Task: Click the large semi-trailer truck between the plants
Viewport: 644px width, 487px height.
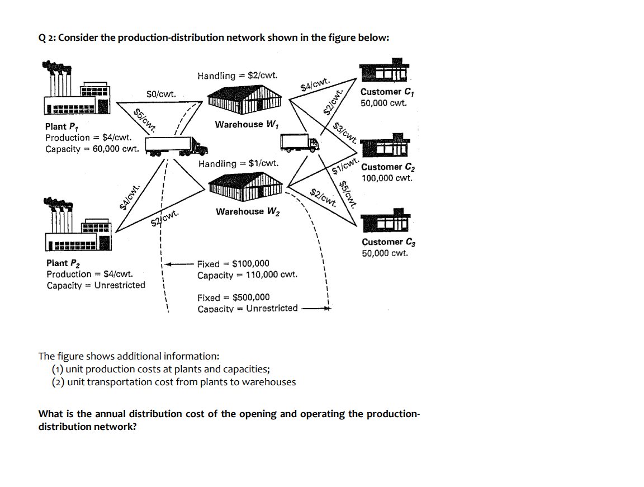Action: click(x=176, y=145)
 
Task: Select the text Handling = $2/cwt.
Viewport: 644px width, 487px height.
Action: click(x=236, y=75)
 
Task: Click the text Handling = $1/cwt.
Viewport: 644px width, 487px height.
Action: click(x=239, y=164)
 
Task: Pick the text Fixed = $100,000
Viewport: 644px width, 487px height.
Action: click(x=233, y=263)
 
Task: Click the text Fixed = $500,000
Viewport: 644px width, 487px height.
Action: click(x=233, y=297)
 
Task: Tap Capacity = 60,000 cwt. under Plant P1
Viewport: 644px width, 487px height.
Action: click(x=92, y=149)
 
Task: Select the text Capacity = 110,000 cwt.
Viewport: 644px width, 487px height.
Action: click(x=247, y=275)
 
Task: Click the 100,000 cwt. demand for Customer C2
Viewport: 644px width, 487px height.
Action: click(x=387, y=178)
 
